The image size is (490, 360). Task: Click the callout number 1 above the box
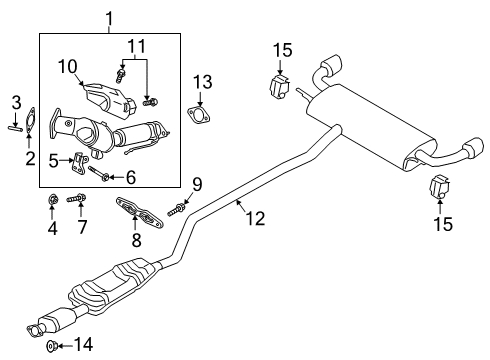pyautogui.click(x=110, y=17)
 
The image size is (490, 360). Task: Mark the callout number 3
pyautogui.click(x=16, y=103)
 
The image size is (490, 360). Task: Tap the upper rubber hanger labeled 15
pyautogui.click(x=277, y=84)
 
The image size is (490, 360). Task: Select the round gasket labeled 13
pyautogui.click(x=199, y=115)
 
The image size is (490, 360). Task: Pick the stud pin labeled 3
pyautogui.click(x=16, y=127)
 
